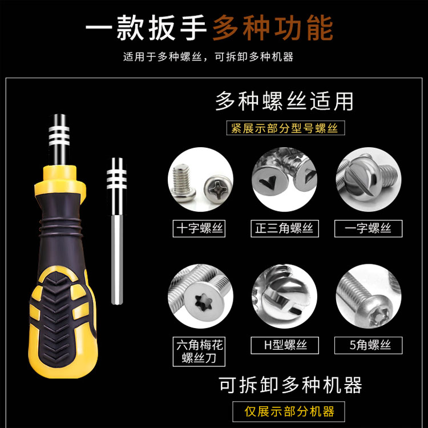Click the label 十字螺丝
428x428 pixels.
[199, 228]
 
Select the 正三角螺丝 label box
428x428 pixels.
[285, 228]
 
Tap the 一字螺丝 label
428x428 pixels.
[368, 228]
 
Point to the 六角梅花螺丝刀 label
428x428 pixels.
[199, 352]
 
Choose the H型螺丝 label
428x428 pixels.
[285, 345]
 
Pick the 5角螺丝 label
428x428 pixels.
[368, 345]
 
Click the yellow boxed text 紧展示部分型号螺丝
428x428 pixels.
[285, 128]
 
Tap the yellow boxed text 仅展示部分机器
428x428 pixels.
[289, 411]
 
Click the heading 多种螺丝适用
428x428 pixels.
[284, 102]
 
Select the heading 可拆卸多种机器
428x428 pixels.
[290, 385]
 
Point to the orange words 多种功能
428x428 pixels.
[273, 28]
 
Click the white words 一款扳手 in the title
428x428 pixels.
[146, 28]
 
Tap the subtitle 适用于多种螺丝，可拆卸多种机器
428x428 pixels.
[208, 56]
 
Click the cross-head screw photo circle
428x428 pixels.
[200, 179]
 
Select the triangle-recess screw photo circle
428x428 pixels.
[284, 179]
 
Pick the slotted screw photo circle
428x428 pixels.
[369, 179]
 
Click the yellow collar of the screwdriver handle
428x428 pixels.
[60, 180]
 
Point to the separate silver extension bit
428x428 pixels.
[117, 231]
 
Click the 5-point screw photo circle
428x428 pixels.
[369, 296]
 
